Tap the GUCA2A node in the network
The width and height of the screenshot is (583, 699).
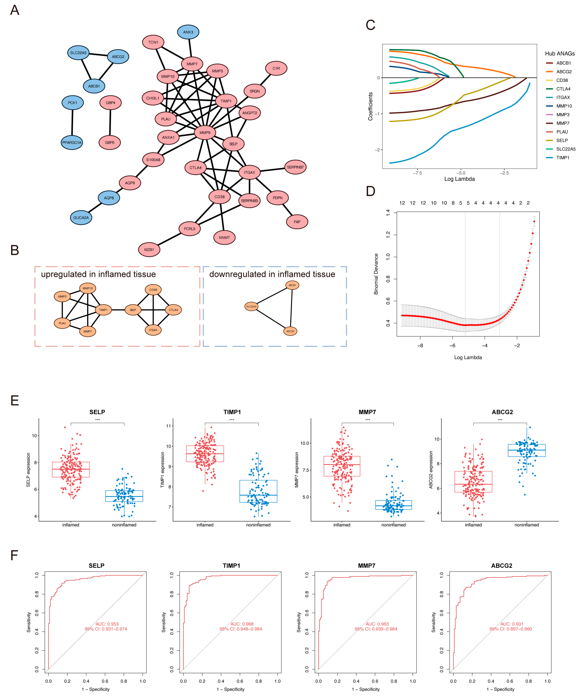point(81,218)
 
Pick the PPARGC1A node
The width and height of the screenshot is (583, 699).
point(72,142)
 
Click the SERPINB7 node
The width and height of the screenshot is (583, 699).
point(295,167)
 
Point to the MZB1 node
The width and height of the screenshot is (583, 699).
point(149,250)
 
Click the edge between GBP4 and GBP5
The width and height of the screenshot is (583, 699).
point(110,122)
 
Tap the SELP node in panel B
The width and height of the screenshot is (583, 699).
point(133,310)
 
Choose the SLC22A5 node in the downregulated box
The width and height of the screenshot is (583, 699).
point(251,306)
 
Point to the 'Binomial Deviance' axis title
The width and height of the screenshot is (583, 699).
point(376,274)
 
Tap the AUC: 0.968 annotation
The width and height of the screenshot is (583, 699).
point(242,624)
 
